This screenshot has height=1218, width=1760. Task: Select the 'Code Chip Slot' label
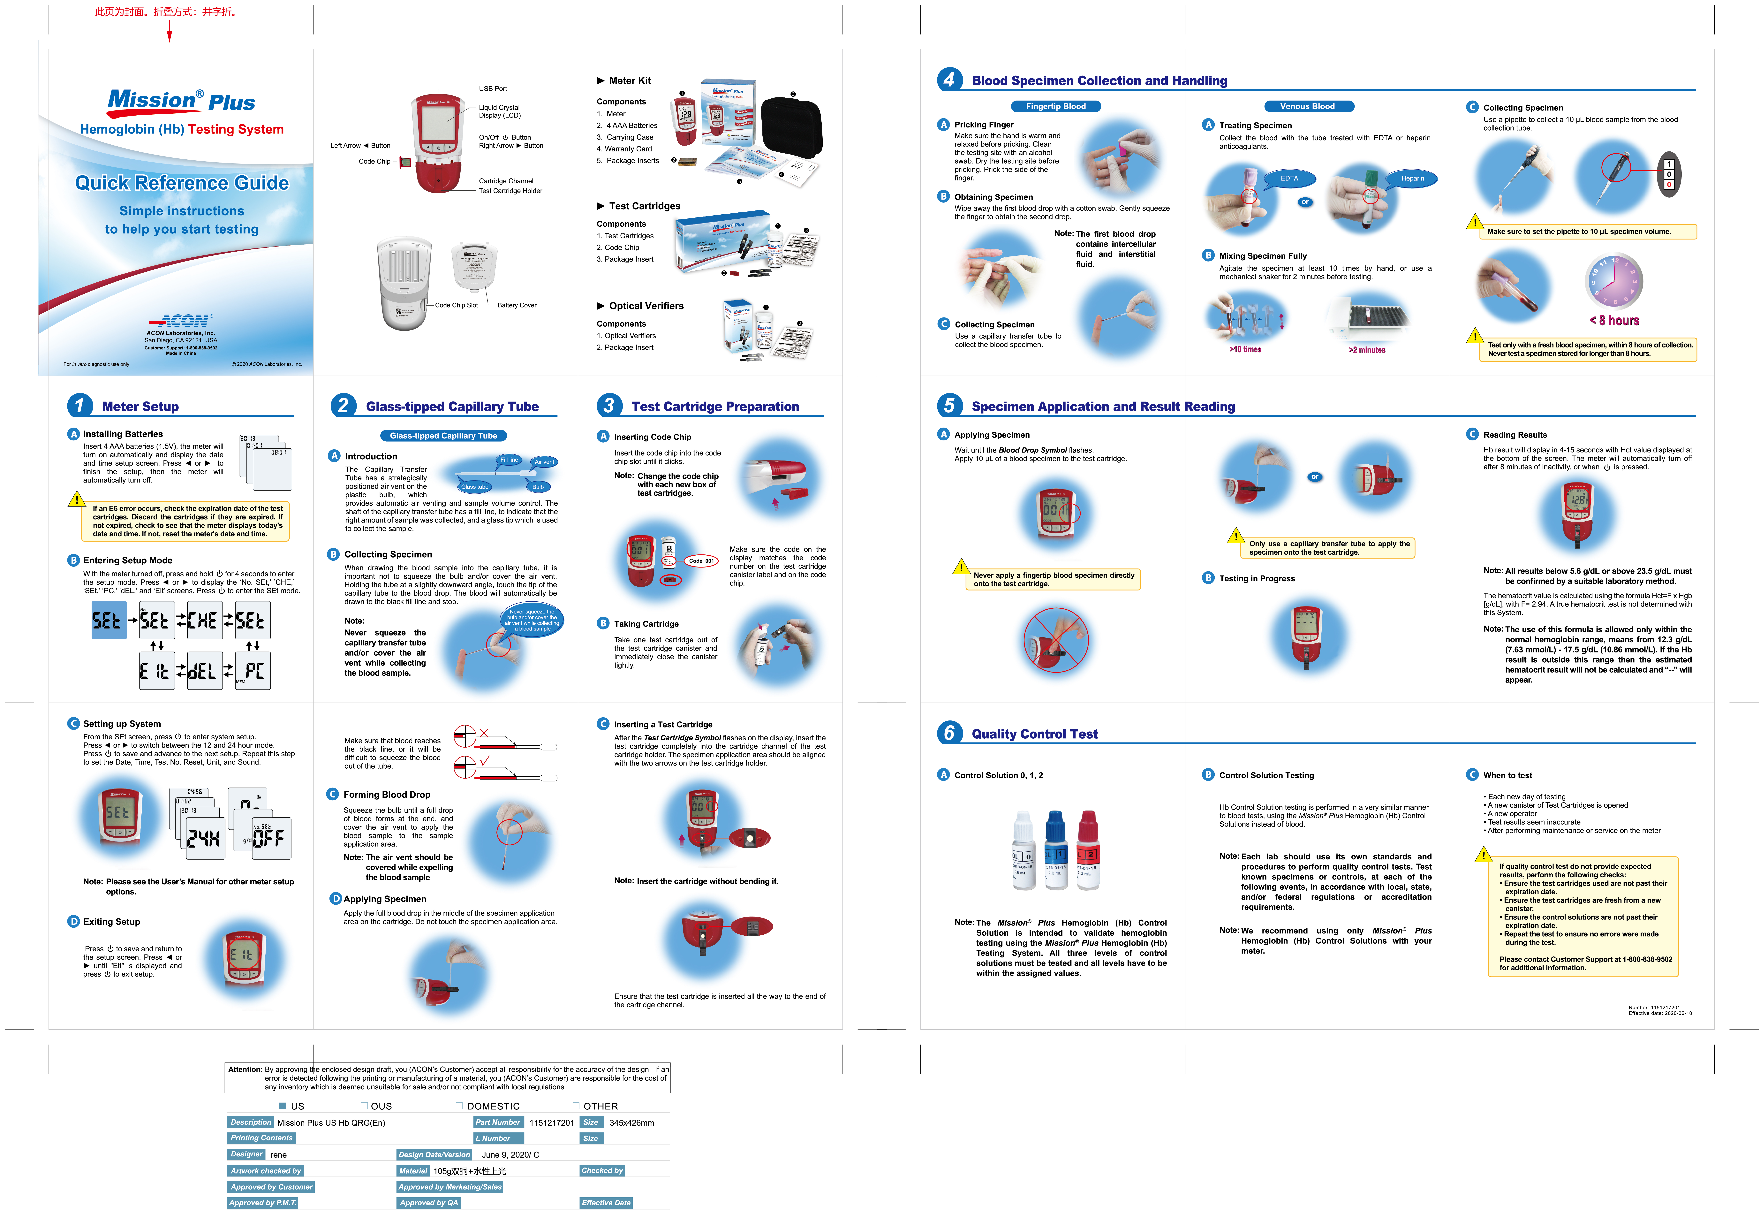456,305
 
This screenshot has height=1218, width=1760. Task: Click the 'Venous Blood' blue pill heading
1307,106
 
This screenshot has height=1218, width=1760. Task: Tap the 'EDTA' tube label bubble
1289,179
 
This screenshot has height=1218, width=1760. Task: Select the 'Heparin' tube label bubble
1412,179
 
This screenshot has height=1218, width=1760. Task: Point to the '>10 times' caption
1245,350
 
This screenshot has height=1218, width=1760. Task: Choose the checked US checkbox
282,1106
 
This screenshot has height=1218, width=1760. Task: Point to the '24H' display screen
203,839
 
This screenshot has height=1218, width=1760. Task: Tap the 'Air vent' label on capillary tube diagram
544,462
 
